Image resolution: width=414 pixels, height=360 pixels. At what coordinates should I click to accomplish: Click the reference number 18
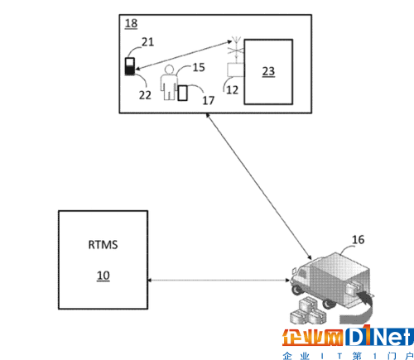[x=131, y=23]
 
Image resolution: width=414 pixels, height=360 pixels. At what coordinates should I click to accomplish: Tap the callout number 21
[x=147, y=42]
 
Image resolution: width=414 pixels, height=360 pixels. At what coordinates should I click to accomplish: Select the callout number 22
[x=145, y=95]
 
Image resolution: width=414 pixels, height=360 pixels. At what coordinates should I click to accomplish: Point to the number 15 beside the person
[x=199, y=67]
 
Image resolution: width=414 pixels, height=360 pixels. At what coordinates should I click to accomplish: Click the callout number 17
[x=209, y=100]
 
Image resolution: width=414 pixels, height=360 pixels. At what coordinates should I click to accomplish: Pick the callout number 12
[x=232, y=90]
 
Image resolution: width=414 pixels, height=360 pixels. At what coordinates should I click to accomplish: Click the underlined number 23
[x=268, y=71]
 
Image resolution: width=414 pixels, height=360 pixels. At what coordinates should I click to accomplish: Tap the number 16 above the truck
[x=358, y=239]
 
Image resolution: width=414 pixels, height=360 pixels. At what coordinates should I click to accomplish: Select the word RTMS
[x=103, y=245]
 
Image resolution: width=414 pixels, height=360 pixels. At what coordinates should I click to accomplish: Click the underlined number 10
[x=103, y=276]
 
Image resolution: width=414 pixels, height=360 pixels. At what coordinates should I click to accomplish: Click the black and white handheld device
[x=130, y=66]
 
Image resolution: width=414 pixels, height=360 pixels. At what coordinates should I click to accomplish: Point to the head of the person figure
[x=169, y=69]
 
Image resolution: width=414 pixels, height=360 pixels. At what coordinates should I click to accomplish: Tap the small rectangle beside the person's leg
[x=182, y=93]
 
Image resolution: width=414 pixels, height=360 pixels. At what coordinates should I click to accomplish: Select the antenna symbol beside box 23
[x=236, y=48]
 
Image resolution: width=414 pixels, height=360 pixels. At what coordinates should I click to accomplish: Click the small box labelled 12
[x=235, y=70]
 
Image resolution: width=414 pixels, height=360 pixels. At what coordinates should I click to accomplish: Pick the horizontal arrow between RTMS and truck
[x=219, y=281]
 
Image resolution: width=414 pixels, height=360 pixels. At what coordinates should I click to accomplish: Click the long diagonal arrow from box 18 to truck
[x=258, y=186]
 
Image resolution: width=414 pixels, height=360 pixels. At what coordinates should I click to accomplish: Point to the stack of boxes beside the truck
[x=308, y=312]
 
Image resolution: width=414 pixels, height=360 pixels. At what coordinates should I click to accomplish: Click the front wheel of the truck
[x=296, y=290]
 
